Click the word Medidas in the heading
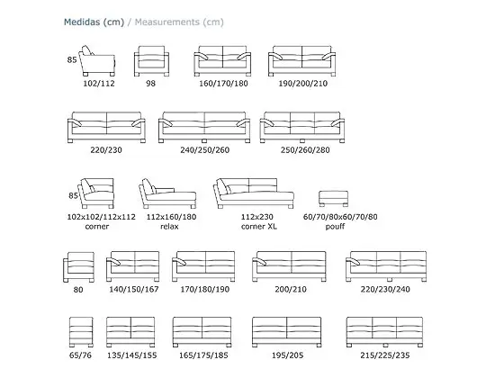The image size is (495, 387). point(82,22)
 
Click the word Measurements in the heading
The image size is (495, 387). point(167,22)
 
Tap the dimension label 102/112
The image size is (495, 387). point(99,84)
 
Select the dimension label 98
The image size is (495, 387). point(150,84)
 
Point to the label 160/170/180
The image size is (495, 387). point(223,84)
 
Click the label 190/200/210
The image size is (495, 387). point(303,84)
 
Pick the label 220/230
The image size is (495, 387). point(106,150)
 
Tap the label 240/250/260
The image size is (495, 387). point(205,150)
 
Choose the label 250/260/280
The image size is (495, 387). point(305,150)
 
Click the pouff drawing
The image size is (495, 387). point(333,199)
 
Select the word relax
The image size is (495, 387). point(169,227)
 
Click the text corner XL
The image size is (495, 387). point(259,227)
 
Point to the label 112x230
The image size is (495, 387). point(257,217)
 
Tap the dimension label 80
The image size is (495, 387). point(78,290)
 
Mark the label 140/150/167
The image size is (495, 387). point(134,290)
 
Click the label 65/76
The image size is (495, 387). point(80,355)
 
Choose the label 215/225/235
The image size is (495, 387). point(385,355)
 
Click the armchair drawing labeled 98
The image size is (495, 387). point(151,61)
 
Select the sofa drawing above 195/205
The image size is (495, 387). point(286,332)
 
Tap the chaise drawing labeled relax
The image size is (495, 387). point(167,193)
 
